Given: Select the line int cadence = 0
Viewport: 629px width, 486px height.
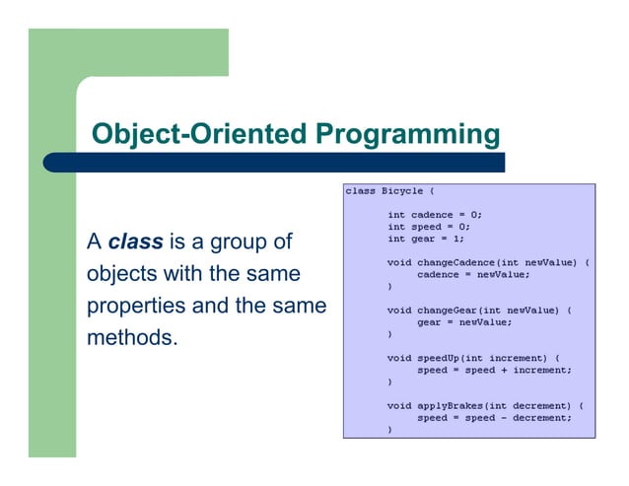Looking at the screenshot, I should click(x=435, y=214).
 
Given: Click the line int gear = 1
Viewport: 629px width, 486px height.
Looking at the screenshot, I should click(x=425, y=238).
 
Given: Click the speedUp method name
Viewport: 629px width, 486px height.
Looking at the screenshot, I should click(x=442, y=358).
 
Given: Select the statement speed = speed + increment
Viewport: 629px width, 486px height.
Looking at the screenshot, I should click(x=494, y=370).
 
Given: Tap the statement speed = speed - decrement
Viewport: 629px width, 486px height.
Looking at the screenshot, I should click(x=494, y=417).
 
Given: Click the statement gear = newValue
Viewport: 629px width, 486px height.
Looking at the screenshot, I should click(x=463, y=321).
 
